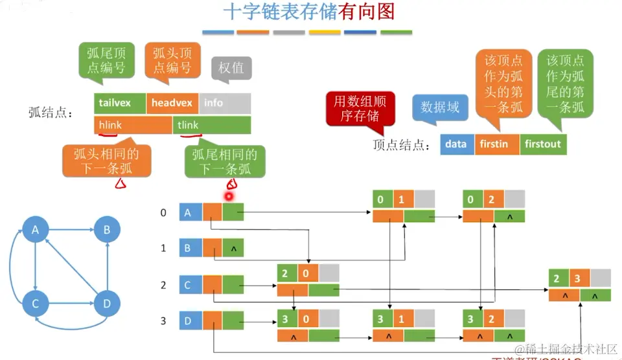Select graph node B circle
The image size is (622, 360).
pos(107,229)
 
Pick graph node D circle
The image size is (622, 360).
pos(107,302)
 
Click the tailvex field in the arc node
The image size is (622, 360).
pos(120,103)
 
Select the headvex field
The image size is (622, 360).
pos(172,103)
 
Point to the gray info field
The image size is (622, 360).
pos(224,103)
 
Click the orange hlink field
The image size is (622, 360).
pos(133,125)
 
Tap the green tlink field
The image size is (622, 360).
pos(211,125)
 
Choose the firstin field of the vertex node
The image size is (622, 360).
pos(497,144)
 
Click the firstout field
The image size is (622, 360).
pos(543,144)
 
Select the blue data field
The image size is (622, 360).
pos(457,144)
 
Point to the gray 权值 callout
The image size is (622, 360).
pos(231,68)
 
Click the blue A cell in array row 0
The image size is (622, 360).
pos(190,212)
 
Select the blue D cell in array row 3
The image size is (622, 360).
pos(190,319)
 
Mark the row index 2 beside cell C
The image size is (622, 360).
pos(163,284)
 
